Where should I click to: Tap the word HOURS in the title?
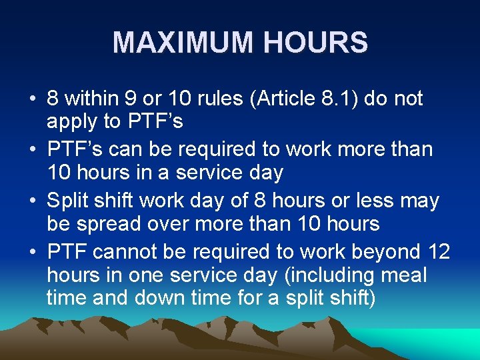tap(315, 43)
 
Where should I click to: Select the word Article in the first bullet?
tap(311, 99)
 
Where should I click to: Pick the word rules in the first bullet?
tap(235, 99)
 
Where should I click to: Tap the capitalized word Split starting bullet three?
tap(71, 201)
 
